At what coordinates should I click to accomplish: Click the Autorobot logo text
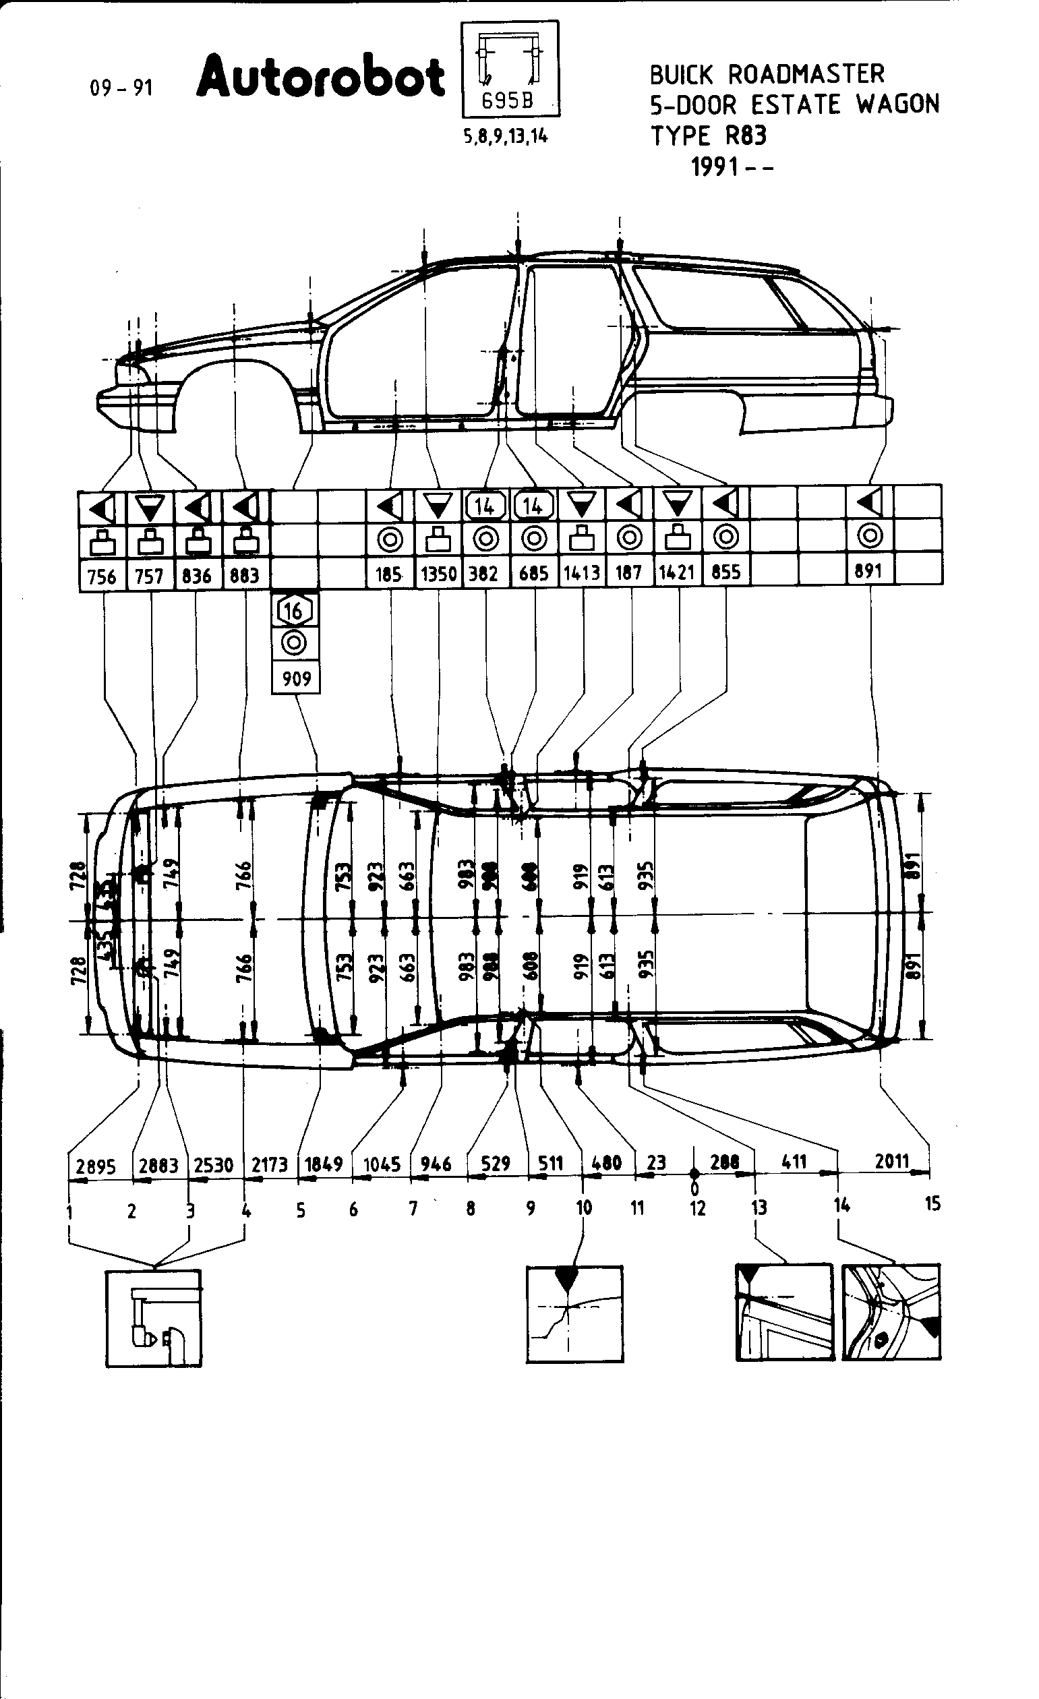tap(320, 78)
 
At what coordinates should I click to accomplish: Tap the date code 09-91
tap(121, 88)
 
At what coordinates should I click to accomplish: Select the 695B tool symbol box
tap(510, 69)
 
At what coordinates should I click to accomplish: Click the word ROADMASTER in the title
tap(805, 74)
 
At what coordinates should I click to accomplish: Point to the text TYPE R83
tap(709, 135)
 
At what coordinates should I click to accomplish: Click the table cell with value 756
tap(102, 576)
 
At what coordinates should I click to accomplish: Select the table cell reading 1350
tap(438, 574)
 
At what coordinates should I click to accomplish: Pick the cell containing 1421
tap(676, 573)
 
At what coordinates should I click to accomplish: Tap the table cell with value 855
tap(726, 572)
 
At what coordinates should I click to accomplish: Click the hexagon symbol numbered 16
tap(295, 610)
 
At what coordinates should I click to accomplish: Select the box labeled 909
tap(297, 678)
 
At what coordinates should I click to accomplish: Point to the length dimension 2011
tap(892, 1161)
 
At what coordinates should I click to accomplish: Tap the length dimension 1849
tap(324, 1164)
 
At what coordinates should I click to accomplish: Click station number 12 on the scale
tap(698, 1208)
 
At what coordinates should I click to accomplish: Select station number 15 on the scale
tap(932, 1203)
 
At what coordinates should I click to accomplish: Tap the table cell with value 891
tap(868, 572)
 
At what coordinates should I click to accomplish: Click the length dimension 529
tap(496, 1164)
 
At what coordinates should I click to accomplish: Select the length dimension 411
tap(794, 1162)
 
